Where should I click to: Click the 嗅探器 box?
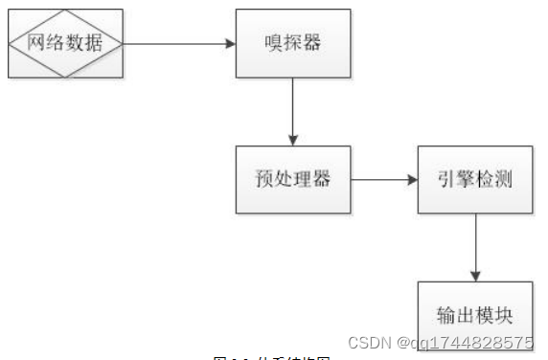tap(293, 43)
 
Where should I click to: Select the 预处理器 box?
tap(293, 179)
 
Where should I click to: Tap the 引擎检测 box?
tap(475, 179)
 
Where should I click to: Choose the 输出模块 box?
tap(475, 313)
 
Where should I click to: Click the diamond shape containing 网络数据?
tap(66, 43)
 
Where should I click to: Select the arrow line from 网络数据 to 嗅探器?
tap(177, 43)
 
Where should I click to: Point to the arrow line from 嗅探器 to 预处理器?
tap(293, 110)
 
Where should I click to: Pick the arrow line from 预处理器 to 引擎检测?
tap(381, 179)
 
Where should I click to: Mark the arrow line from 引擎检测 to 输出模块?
tap(475, 244)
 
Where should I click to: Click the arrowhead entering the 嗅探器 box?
tap(231, 43)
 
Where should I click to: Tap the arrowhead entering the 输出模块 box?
tap(475, 276)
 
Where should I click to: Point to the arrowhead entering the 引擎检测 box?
tap(412, 179)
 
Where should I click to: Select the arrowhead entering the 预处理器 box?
tap(293, 140)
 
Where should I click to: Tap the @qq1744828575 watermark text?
tap(468, 342)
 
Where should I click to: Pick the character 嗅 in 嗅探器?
tap(272, 43)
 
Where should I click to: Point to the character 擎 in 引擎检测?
tap(465, 179)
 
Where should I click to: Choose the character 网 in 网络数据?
tap(39, 43)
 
